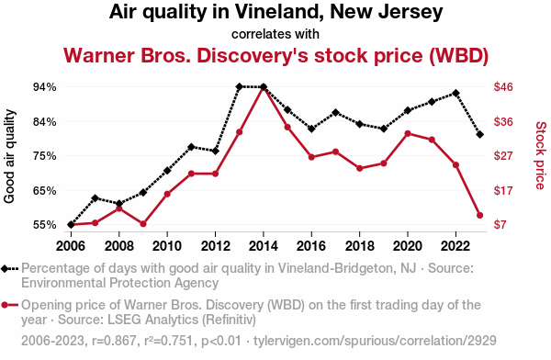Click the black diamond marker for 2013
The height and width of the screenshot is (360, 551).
240,86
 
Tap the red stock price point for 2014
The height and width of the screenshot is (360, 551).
264,87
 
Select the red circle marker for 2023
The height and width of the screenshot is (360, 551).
479,215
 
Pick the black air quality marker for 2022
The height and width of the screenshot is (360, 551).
455,93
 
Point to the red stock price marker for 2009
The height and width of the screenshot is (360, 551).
143,224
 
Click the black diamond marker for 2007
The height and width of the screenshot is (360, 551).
95,198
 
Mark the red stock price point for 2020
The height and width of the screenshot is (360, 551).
408,133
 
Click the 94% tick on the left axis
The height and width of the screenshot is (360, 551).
45,87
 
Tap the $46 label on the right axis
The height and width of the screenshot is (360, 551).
503,87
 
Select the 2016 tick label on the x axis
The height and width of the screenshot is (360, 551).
311,246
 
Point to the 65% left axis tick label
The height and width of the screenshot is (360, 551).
45,190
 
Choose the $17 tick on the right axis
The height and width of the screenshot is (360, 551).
503,190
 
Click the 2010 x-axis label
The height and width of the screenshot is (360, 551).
167,246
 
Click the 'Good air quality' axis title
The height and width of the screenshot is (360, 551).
9,156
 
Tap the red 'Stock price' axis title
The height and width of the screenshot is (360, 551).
541,155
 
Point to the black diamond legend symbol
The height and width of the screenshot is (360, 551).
5,269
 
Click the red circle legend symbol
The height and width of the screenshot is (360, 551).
5,305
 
